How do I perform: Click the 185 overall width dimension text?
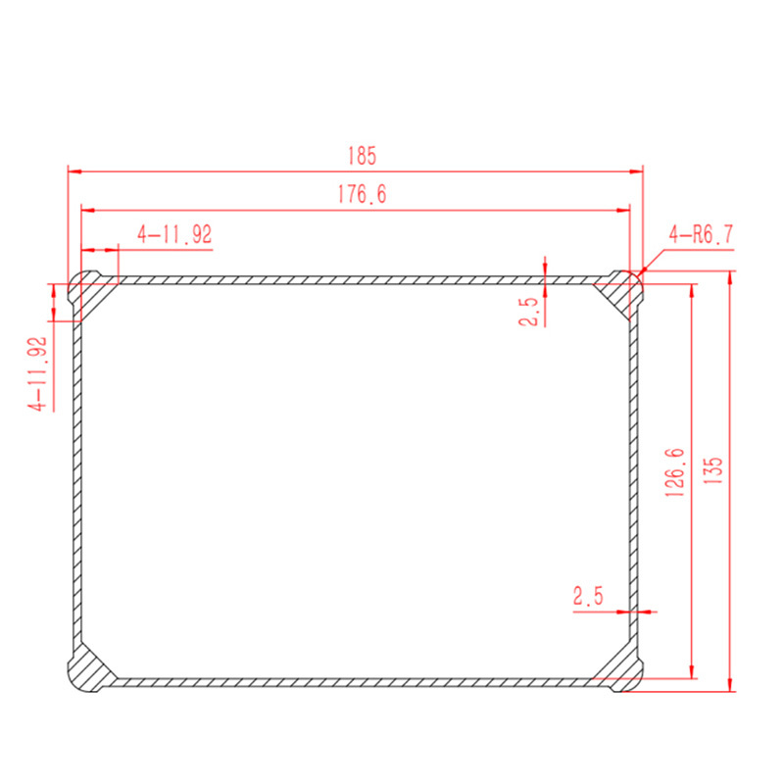click(362, 155)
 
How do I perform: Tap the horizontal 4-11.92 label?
click(174, 235)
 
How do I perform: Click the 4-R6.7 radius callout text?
click(701, 234)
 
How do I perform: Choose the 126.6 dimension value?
click(675, 473)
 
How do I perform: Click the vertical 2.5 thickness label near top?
click(529, 311)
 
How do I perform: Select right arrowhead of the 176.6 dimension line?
click(623, 210)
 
